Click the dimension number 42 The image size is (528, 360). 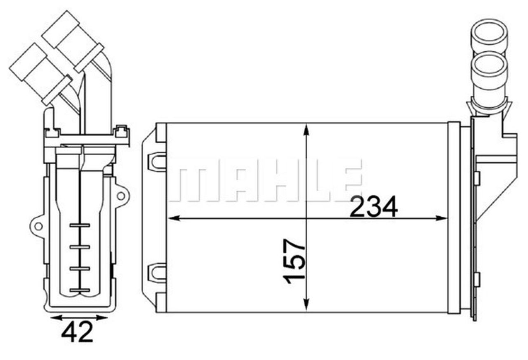click(77, 332)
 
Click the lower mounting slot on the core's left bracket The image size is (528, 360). click(157, 272)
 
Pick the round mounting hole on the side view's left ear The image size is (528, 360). click(38, 226)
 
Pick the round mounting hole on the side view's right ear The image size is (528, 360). click(120, 195)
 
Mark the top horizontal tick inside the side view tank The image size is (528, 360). click(80, 225)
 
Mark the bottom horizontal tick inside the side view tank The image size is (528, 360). click(80, 291)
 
